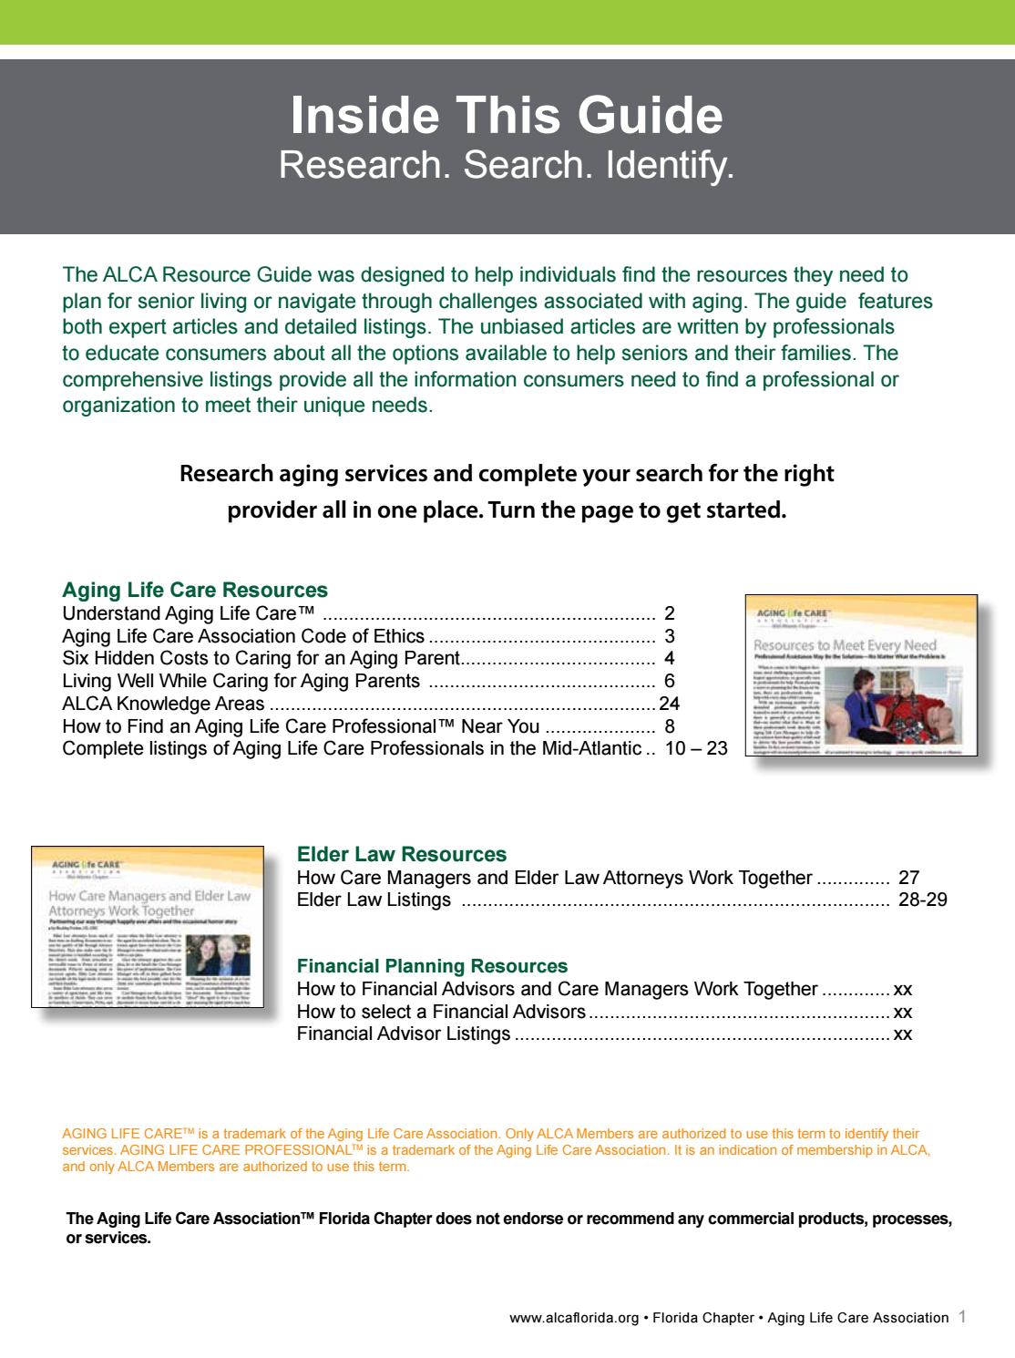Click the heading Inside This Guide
[507, 116]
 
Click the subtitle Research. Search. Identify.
[507, 165]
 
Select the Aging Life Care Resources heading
[195, 590]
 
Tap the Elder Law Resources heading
[402, 854]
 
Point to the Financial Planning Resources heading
[432, 966]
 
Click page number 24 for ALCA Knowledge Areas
[669, 704]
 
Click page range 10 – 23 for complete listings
[696, 748]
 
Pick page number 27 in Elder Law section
[908, 878]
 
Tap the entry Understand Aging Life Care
[189, 613]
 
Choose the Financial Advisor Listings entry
[404, 1034]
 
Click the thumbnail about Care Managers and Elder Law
[149, 926]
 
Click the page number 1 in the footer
[963, 1317]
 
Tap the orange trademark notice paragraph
[497, 1150]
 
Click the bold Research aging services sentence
[507, 491]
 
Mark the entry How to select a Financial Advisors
[441, 1012]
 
